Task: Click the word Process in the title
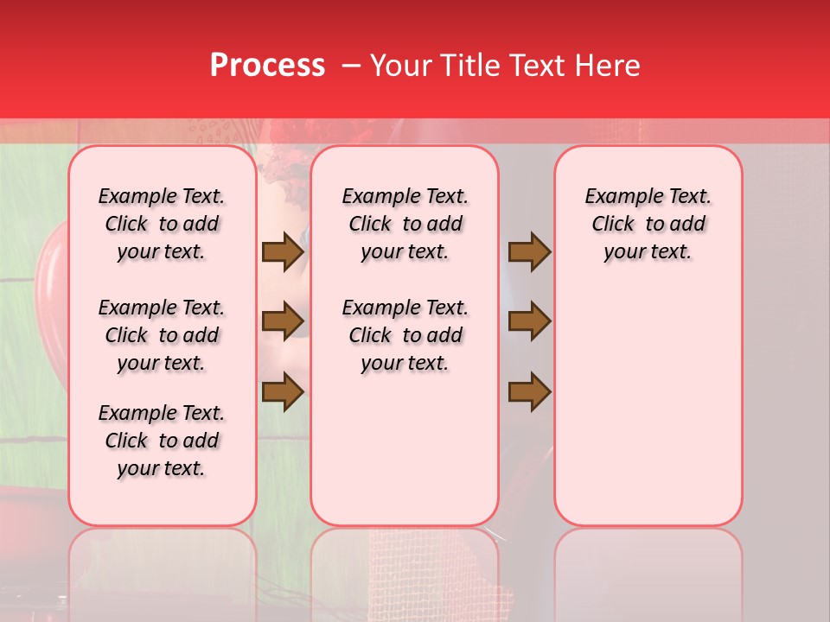pyautogui.click(x=267, y=66)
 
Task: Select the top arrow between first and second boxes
pyautogui.click(x=283, y=252)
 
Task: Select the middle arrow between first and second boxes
pyautogui.click(x=283, y=322)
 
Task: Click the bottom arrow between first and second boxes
pyautogui.click(x=283, y=392)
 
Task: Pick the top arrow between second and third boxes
pyautogui.click(x=529, y=252)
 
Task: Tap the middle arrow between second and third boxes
pyautogui.click(x=529, y=322)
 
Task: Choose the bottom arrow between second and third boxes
pyautogui.click(x=529, y=392)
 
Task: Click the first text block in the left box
pyautogui.click(x=162, y=224)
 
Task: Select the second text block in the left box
pyautogui.click(x=162, y=335)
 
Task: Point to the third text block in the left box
pyautogui.click(x=162, y=441)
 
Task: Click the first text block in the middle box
pyautogui.click(x=405, y=224)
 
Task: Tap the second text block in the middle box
pyautogui.click(x=405, y=335)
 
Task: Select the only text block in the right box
pyautogui.click(x=648, y=224)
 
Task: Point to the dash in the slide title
pyautogui.click(x=351, y=66)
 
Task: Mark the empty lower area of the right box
pyautogui.click(x=648, y=406)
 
